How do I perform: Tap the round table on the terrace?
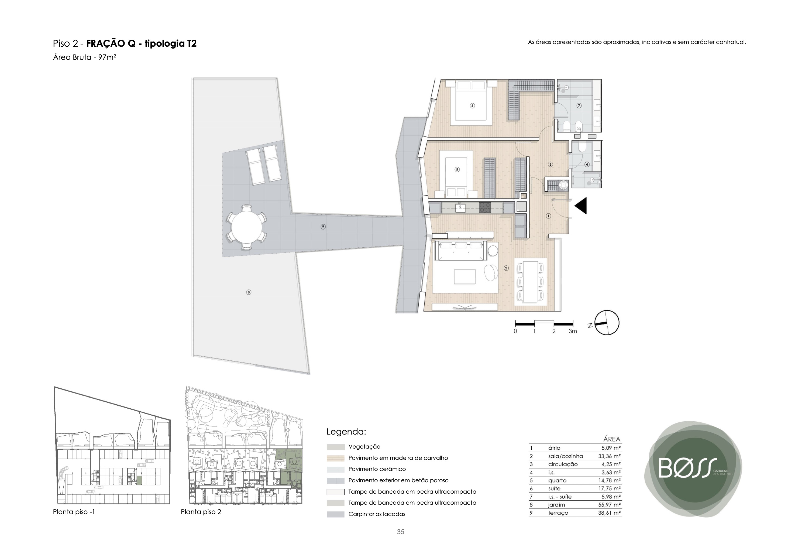(246, 227)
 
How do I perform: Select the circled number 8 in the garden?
(249, 292)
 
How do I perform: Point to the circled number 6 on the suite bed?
(472, 106)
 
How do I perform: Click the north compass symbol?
(607, 323)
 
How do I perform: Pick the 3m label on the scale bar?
(573, 332)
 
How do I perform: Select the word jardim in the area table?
(556, 505)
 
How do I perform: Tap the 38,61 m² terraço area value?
(610, 513)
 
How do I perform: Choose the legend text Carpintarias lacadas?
(377, 514)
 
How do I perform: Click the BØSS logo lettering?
(688, 468)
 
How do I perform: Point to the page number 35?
(401, 532)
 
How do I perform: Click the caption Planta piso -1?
(74, 512)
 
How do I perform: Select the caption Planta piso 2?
(201, 512)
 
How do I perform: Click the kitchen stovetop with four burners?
(485, 207)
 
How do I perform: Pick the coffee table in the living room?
(465, 277)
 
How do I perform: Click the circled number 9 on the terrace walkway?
(323, 227)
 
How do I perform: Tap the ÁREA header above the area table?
(612, 439)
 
